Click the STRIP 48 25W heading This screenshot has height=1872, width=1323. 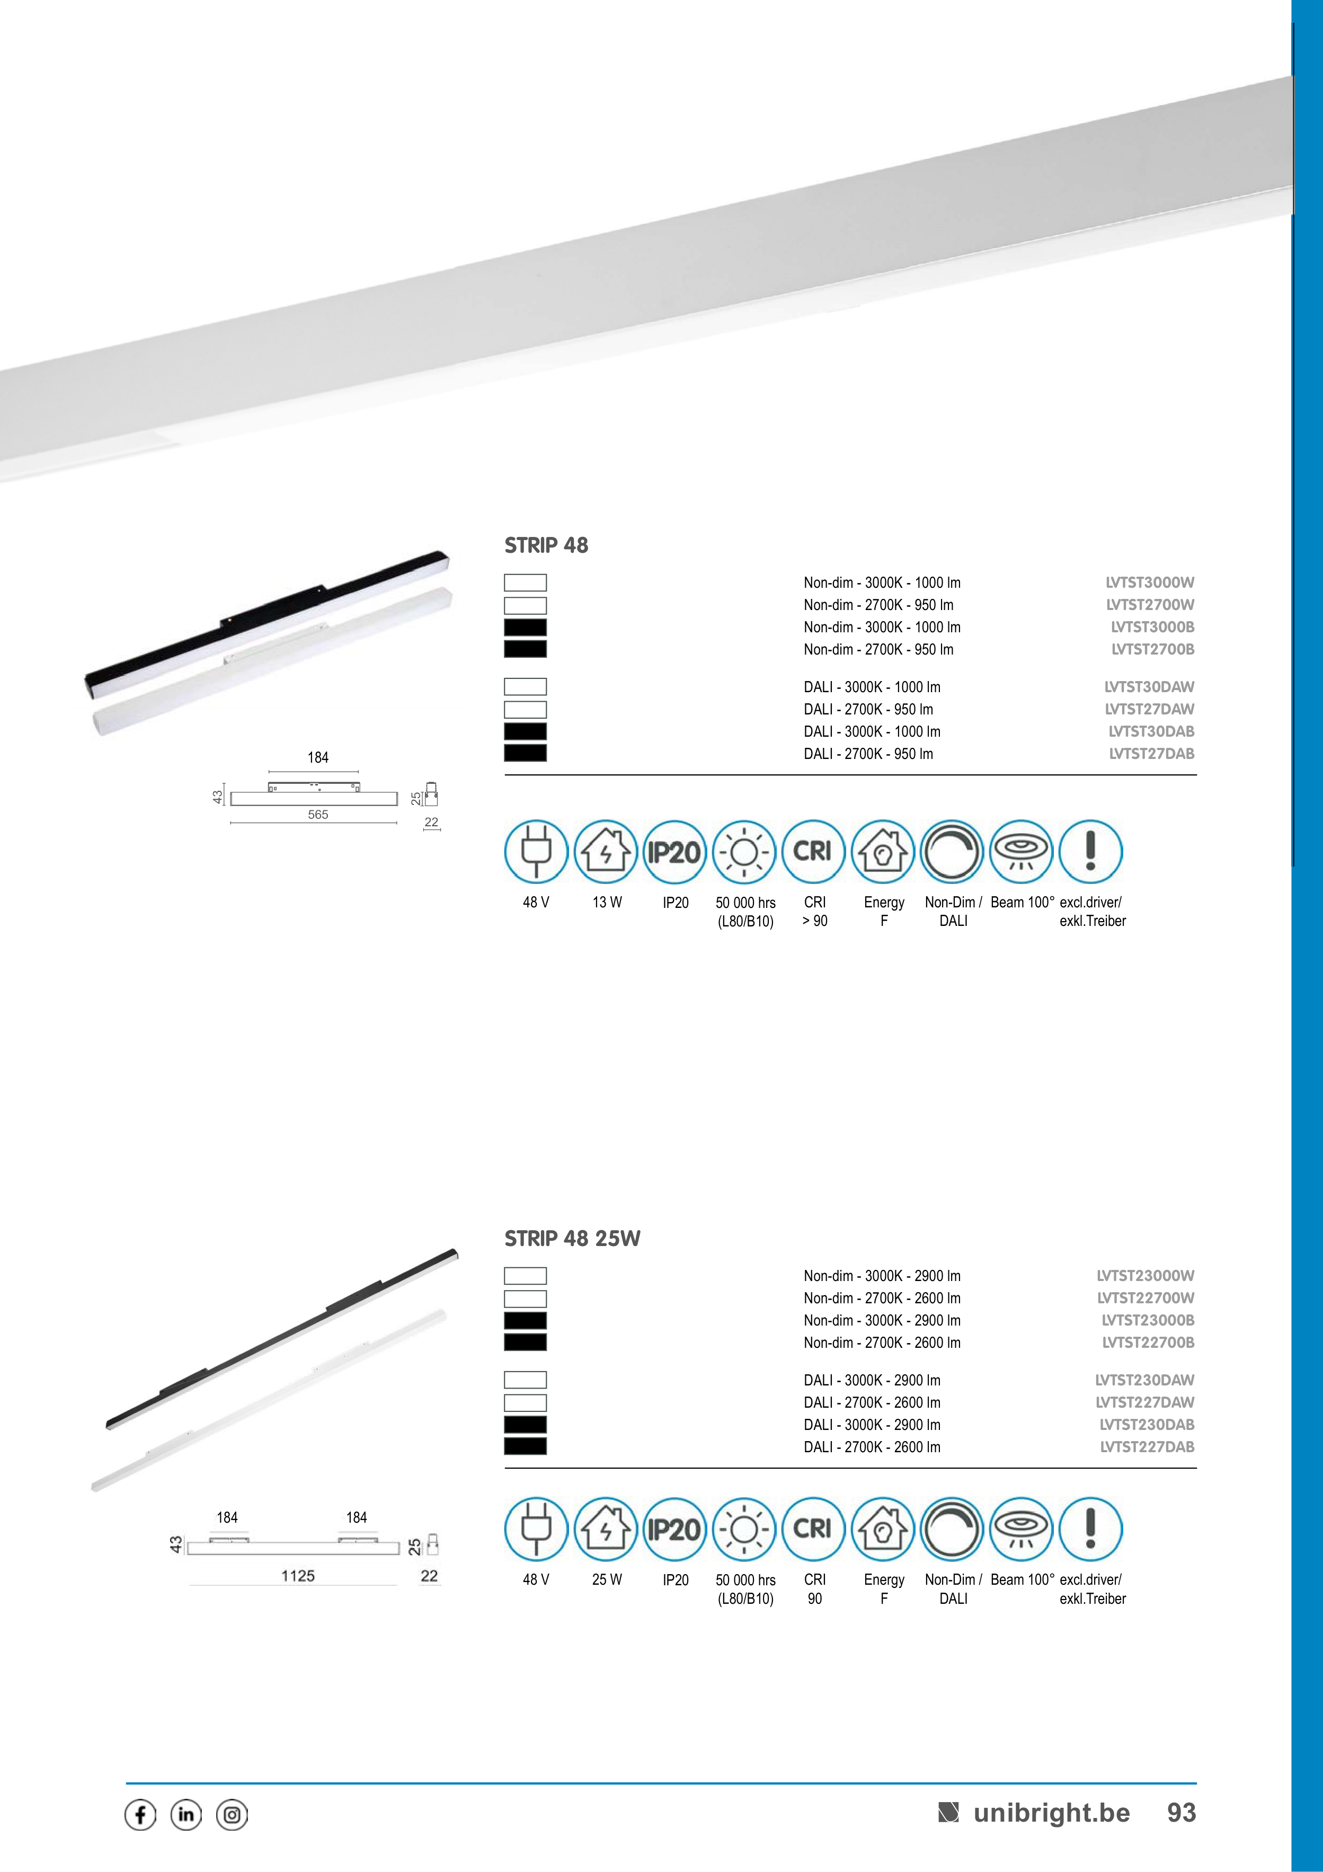tap(572, 1239)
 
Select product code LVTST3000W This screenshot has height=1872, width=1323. tap(1149, 582)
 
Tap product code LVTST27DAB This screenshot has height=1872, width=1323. tap(1151, 753)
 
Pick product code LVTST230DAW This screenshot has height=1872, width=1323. tap(1144, 1380)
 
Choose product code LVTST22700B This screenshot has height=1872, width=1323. tap(1148, 1342)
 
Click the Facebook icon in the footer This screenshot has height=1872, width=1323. tap(140, 1815)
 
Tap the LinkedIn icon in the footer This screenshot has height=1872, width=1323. tap(186, 1815)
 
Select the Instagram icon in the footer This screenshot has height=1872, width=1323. tap(232, 1815)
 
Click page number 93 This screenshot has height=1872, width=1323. tap(1181, 1813)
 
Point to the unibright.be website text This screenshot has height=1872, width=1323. tap(1052, 1813)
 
